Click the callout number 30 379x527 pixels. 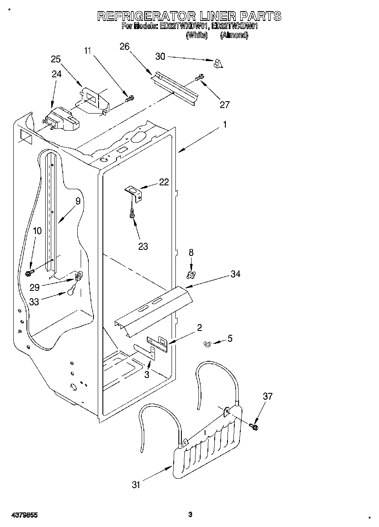[x=160, y=56]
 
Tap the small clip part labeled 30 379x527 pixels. [x=219, y=64]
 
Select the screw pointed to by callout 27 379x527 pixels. [x=199, y=78]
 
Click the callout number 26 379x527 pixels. [x=124, y=47]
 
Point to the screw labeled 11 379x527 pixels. [x=129, y=99]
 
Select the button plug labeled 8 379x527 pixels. [x=191, y=272]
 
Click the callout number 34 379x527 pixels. [x=235, y=274]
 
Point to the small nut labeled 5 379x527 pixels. [x=208, y=343]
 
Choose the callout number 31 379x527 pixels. [x=136, y=484]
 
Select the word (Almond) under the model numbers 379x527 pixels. [x=233, y=36]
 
